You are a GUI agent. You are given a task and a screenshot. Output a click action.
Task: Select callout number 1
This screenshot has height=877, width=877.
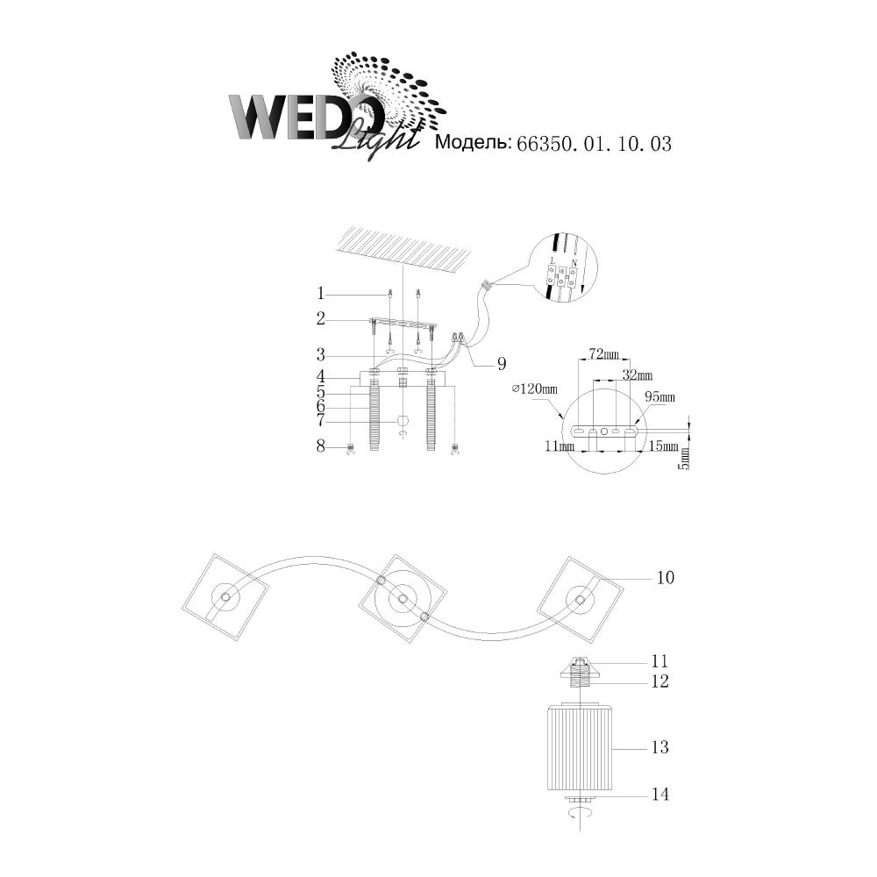tap(321, 293)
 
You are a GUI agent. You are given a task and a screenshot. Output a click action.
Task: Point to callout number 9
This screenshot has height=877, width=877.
tap(501, 362)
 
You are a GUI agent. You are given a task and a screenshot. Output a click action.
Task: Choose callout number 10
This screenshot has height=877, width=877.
tap(666, 578)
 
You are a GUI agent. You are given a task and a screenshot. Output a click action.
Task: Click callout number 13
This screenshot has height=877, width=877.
tap(660, 747)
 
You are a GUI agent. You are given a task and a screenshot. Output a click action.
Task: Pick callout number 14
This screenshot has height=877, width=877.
tap(660, 795)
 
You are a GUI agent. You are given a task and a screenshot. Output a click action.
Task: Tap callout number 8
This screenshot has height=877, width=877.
tap(321, 446)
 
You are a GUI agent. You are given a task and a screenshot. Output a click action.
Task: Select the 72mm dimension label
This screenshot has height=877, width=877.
tap(603, 355)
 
